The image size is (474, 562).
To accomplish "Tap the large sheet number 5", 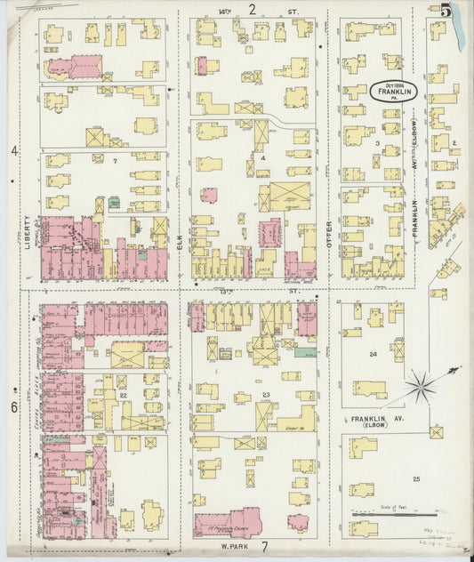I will (445, 11).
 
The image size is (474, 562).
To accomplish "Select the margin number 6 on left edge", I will (13, 407).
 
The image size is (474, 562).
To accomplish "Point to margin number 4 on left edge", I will (13, 151).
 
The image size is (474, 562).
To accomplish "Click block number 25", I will (415, 478).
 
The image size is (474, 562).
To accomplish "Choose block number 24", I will (374, 354).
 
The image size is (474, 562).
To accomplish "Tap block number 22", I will (124, 394).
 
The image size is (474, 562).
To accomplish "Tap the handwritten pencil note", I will (449, 534).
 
